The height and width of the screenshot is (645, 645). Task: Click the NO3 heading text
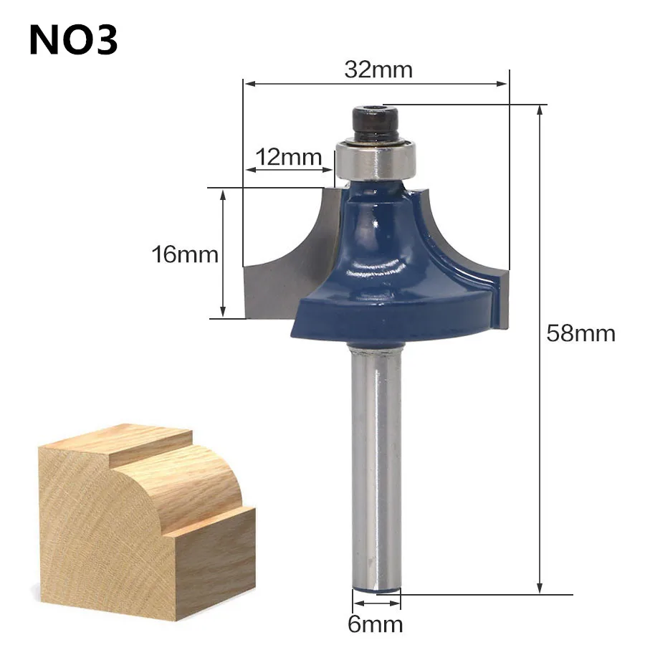(73, 41)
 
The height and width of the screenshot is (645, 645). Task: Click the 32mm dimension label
(378, 70)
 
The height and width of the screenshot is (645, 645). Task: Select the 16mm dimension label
(184, 254)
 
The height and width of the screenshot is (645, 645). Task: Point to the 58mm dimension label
(580, 333)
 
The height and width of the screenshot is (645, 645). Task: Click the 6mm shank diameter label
(376, 624)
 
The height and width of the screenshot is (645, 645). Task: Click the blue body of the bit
(380, 272)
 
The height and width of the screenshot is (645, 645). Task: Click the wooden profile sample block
(143, 516)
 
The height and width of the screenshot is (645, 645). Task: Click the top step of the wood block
(115, 439)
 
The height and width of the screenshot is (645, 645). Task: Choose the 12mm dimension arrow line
(290, 171)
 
